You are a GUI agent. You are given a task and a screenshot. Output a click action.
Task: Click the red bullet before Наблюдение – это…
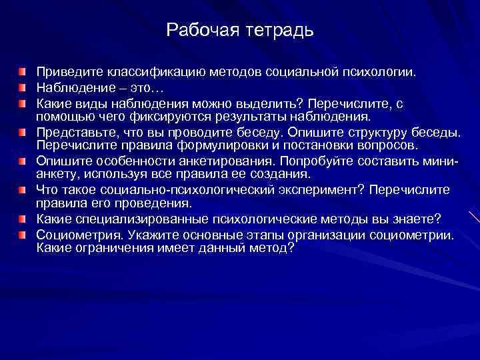pyautogui.click(x=24, y=88)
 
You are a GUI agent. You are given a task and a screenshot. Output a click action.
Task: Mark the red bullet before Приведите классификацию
pyautogui.click(x=24, y=71)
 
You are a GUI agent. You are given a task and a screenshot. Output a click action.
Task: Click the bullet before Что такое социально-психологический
pyautogui.click(x=24, y=190)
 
